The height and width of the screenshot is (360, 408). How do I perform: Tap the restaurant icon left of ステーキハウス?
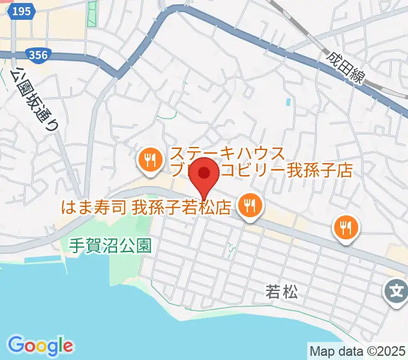tap(148, 160)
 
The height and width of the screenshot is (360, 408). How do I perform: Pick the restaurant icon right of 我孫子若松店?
tap(248, 206)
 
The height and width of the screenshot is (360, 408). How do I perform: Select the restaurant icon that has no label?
tap(345, 227)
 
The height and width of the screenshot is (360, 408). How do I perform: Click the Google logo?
tap(40, 345)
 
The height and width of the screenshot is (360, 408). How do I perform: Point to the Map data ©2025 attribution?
tap(358, 350)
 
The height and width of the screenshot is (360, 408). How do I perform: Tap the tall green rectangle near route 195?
tap(92, 14)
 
